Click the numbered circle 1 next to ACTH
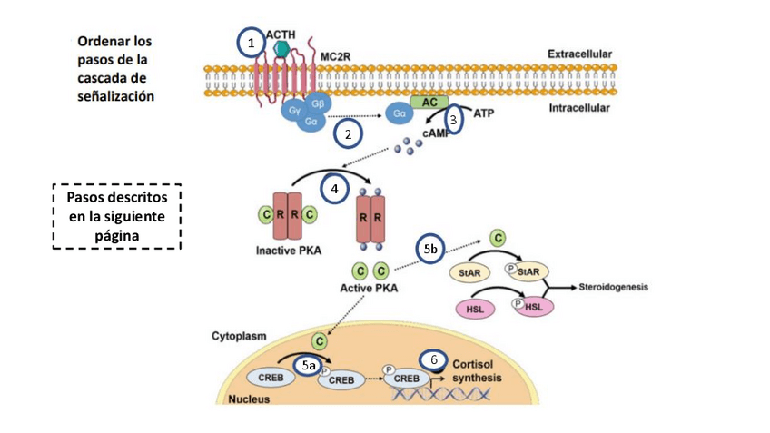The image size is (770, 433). pos(251,41)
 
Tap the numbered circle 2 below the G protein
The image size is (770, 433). pos(348,134)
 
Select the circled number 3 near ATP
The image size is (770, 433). pos(455,120)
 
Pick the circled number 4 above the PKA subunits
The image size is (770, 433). pos(334,190)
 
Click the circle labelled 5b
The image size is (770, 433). pos(431,247)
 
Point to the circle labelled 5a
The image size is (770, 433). pos(309,365)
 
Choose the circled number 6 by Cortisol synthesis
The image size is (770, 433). pos(433,359)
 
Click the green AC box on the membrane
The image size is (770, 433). pos(429,103)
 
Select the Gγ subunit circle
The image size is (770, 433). pos(294,111)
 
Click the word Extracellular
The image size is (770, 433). pos(579,54)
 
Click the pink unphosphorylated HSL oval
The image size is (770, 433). pos(474,309)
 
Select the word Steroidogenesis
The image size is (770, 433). pos(616,288)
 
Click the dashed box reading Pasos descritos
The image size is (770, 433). pos(116,215)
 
